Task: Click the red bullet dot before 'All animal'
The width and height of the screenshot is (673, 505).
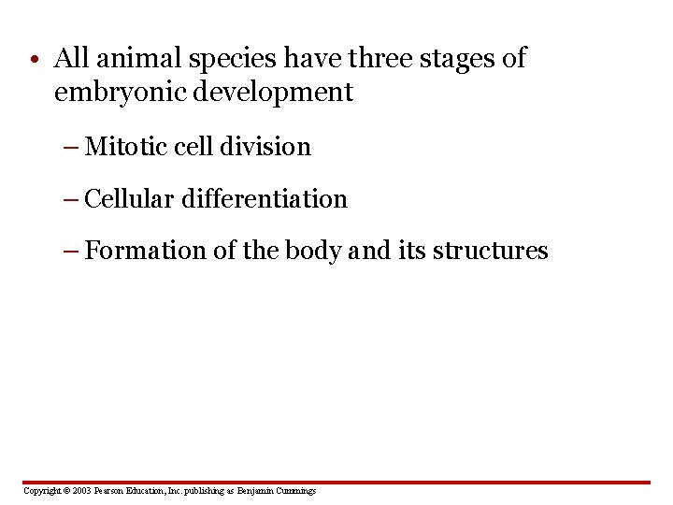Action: (35, 59)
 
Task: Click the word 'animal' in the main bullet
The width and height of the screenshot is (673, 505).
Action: (138, 58)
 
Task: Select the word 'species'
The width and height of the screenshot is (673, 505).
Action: (232, 60)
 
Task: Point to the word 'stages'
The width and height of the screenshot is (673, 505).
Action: (457, 60)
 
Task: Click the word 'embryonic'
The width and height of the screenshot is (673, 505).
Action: (121, 93)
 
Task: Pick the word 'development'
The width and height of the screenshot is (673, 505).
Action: (273, 93)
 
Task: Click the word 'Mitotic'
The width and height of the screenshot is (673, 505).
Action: (125, 147)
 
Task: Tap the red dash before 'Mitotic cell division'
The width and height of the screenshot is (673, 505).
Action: (71, 148)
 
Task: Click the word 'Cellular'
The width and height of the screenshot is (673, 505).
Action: (129, 199)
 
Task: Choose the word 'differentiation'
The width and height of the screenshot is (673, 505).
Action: (265, 199)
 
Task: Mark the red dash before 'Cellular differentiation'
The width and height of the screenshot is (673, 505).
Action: (71, 200)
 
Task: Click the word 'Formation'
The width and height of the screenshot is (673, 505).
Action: (145, 251)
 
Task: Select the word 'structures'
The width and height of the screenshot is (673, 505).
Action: (490, 251)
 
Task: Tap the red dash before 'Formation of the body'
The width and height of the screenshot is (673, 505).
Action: (71, 252)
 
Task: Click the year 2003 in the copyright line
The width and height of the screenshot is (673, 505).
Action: (81, 490)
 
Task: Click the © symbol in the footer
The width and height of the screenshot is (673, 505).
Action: (66, 490)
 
